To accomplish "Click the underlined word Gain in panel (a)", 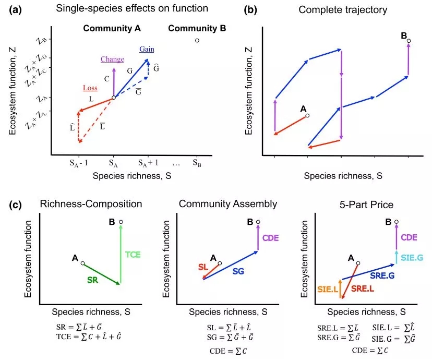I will [x=146, y=49].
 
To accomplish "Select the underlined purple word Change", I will [x=112, y=59].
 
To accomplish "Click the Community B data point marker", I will [x=197, y=40].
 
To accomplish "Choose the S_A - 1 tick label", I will [x=79, y=163].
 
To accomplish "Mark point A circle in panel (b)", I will [x=307, y=115].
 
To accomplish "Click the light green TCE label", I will [x=133, y=255].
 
